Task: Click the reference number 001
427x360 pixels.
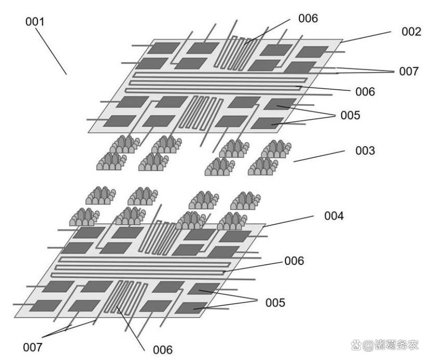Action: tap(34, 22)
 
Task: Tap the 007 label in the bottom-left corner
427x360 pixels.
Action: tap(33, 346)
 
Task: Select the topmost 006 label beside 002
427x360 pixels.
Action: tap(308, 18)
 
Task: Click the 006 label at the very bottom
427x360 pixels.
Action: tap(162, 349)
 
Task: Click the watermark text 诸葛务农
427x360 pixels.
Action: tap(396, 344)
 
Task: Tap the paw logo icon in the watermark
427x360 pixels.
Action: tap(354, 344)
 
